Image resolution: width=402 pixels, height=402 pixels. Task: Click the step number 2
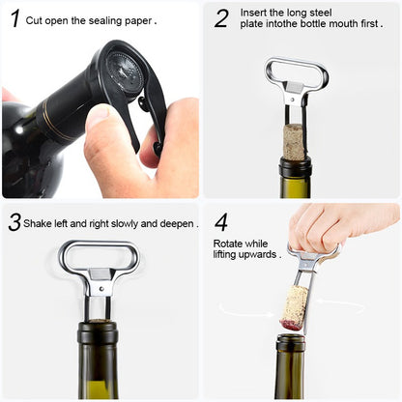tap(221, 17)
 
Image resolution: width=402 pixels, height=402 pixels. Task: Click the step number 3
tap(14, 222)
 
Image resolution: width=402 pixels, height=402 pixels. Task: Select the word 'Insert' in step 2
tap(257, 13)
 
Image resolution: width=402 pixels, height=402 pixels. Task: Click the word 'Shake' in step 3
tap(41, 223)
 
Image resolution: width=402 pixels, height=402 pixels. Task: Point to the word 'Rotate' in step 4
tap(229, 243)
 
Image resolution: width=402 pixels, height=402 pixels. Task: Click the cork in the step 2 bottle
tap(295, 140)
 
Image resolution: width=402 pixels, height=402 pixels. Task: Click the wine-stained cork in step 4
tap(294, 306)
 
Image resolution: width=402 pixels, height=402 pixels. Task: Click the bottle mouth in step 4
tap(291, 339)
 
